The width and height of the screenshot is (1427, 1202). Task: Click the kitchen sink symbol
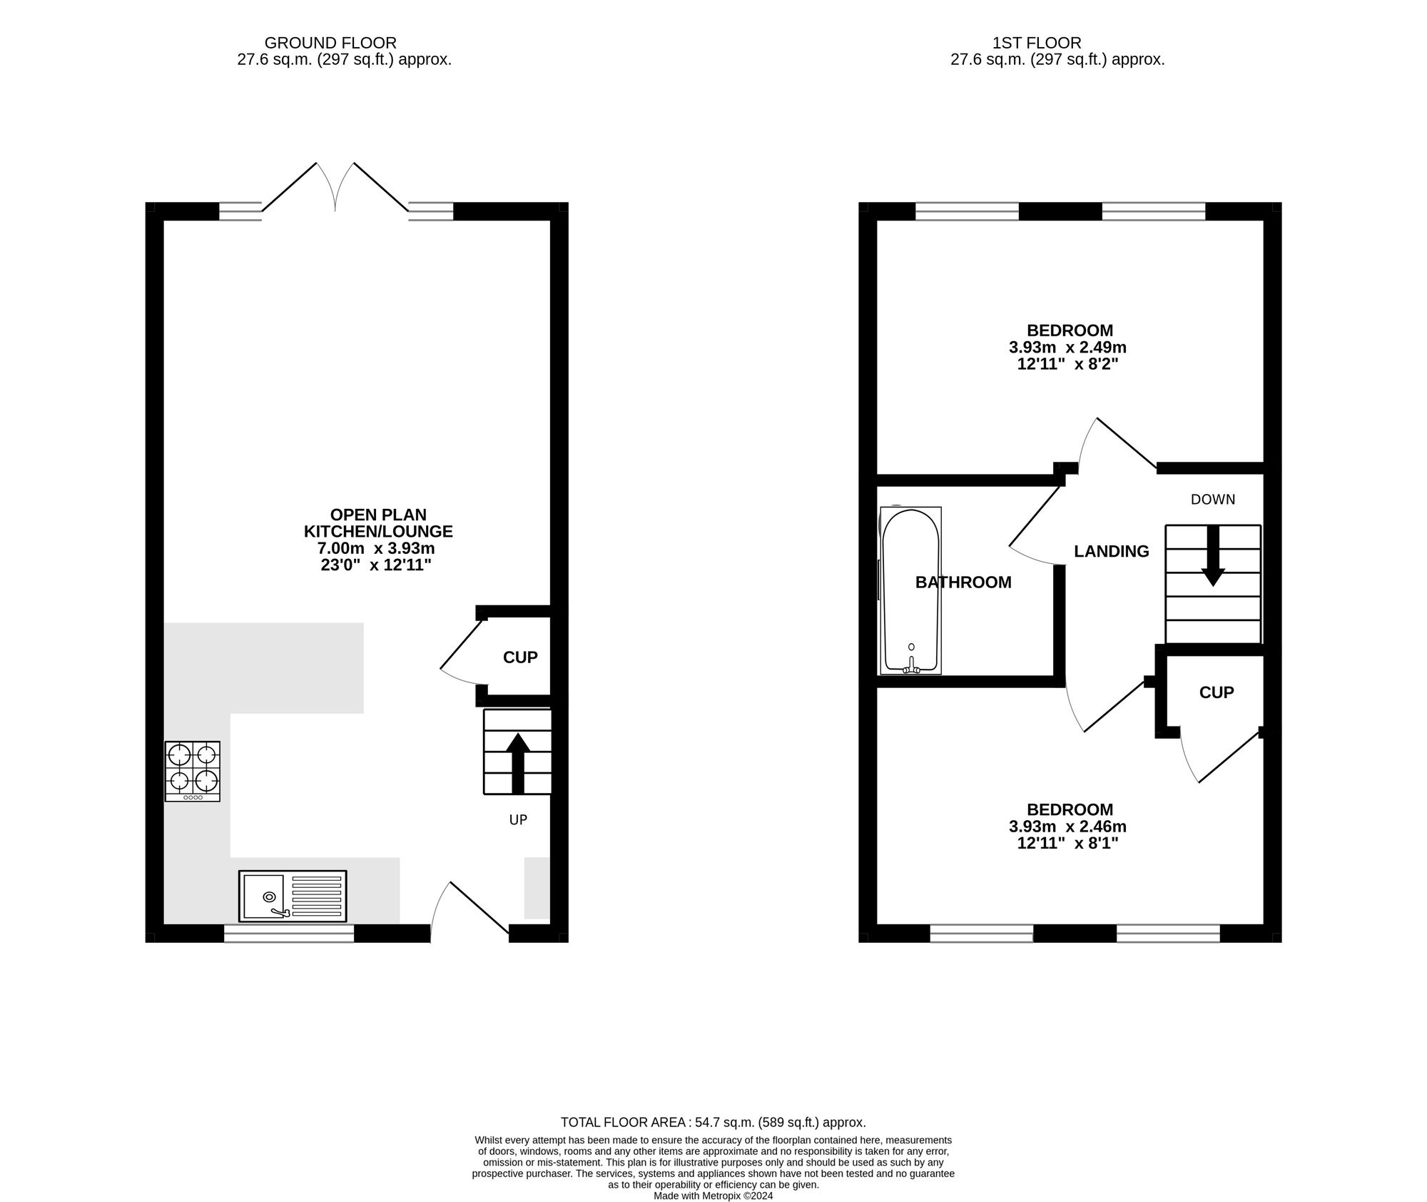click(x=293, y=896)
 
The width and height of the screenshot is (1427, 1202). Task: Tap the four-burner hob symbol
click(x=193, y=771)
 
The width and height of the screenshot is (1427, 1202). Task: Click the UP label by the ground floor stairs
click(x=518, y=820)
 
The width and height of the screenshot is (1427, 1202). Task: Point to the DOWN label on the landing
click(x=1213, y=500)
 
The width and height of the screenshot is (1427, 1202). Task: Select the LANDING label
click(x=1112, y=551)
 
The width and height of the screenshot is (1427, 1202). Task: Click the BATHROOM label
click(x=963, y=582)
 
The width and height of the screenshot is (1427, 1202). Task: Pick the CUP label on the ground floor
click(x=520, y=657)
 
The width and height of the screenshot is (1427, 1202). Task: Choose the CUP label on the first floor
click(x=1217, y=692)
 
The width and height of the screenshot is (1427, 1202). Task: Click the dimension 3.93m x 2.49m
click(x=1067, y=348)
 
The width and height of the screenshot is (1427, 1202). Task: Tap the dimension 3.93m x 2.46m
click(x=1067, y=827)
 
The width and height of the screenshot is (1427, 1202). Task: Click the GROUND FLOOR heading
click(x=330, y=44)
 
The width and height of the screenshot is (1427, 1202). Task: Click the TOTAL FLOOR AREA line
click(x=713, y=1122)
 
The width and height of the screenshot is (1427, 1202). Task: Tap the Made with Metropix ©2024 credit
click(x=713, y=1196)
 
